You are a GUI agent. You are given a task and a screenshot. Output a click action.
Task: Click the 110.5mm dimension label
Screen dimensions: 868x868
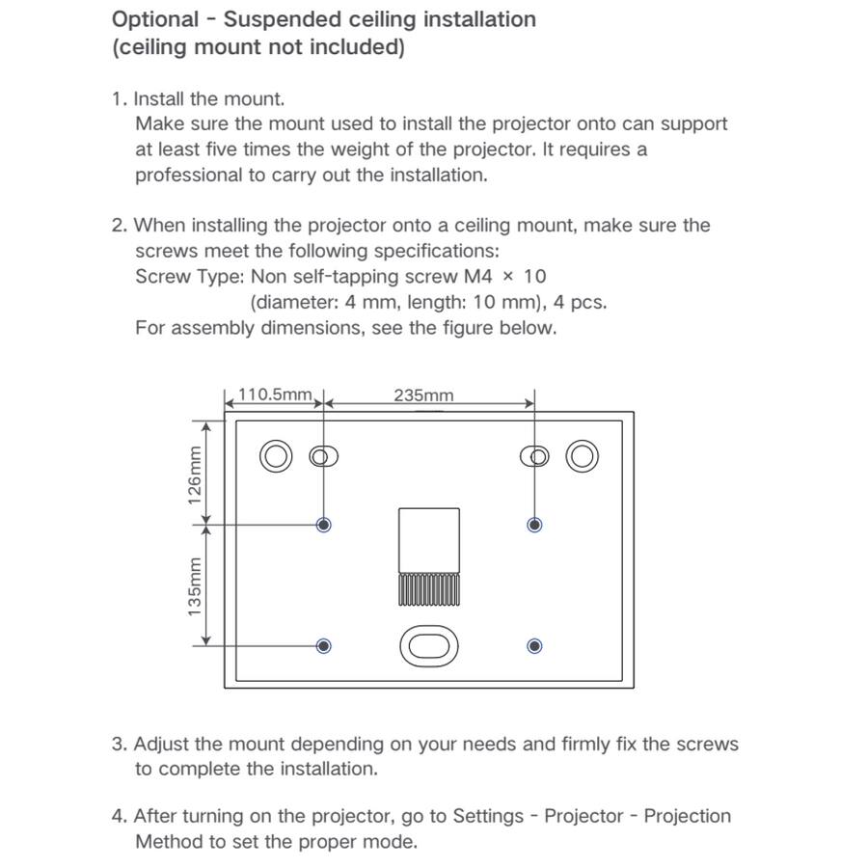(x=275, y=394)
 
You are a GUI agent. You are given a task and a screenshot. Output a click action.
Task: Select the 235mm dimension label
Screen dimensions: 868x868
(x=423, y=395)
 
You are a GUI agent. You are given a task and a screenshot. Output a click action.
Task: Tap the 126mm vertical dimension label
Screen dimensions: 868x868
(x=195, y=475)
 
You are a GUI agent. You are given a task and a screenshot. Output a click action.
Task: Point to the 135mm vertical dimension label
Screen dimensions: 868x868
(x=195, y=586)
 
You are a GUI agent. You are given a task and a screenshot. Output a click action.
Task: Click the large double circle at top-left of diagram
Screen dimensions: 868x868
(x=275, y=456)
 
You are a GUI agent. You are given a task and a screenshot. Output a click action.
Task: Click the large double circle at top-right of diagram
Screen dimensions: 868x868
(x=582, y=456)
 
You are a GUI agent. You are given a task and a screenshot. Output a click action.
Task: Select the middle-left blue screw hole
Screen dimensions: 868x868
(x=324, y=525)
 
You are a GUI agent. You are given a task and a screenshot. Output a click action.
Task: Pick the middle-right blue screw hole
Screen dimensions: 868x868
(x=535, y=525)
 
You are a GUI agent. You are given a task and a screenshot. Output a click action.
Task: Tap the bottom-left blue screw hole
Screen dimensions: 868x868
(x=324, y=646)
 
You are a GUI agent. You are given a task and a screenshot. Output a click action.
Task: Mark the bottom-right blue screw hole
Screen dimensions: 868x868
(x=535, y=646)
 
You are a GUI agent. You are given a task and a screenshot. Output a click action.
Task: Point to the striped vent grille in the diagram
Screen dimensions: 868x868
(x=429, y=590)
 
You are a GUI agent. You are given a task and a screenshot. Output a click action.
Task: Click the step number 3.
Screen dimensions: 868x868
(x=118, y=745)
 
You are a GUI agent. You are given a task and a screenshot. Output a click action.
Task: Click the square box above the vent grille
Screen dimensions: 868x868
(x=429, y=539)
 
